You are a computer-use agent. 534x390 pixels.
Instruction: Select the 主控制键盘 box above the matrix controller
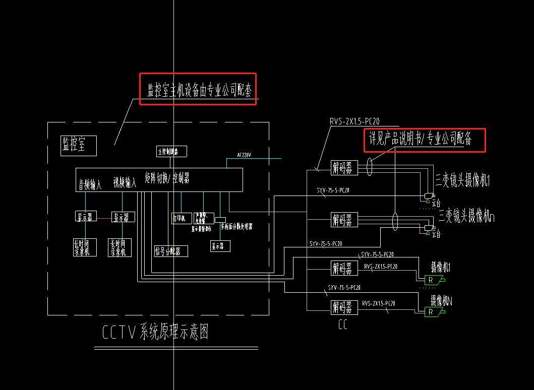(x=171, y=151)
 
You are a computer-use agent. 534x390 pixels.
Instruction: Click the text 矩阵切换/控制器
(x=167, y=178)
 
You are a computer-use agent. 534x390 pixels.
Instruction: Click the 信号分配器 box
(x=171, y=250)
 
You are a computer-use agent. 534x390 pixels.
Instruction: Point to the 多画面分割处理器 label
(x=236, y=227)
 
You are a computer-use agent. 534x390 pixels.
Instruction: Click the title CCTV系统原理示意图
(x=155, y=333)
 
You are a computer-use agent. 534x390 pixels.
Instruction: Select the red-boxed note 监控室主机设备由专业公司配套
(x=198, y=89)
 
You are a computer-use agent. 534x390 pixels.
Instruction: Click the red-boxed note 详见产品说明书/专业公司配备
(x=424, y=140)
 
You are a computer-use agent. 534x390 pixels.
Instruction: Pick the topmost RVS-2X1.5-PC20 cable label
(x=354, y=121)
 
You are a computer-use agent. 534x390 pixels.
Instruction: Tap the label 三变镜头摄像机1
(x=463, y=180)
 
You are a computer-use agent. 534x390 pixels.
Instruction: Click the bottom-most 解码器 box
(x=344, y=307)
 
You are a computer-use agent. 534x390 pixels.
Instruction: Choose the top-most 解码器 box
(x=344, y=167)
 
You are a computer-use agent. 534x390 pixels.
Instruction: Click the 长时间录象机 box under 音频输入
(x=82, y=247)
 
